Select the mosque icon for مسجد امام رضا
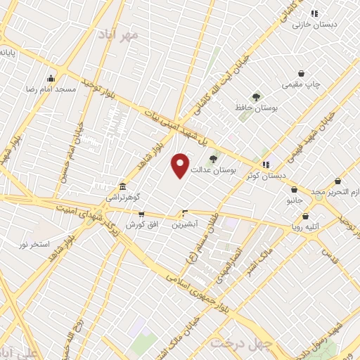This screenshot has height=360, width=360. click(51, 79)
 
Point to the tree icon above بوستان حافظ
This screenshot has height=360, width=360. click(255, 98)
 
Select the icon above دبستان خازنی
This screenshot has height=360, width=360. click(314, 13)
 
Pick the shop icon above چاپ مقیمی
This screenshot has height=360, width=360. click(302, 74)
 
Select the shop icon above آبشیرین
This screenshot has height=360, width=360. click(186, 213)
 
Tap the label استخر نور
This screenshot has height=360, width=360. click(35, 243)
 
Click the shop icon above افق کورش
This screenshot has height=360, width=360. click(141, 214)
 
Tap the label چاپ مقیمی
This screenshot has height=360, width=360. click(302, 84)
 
